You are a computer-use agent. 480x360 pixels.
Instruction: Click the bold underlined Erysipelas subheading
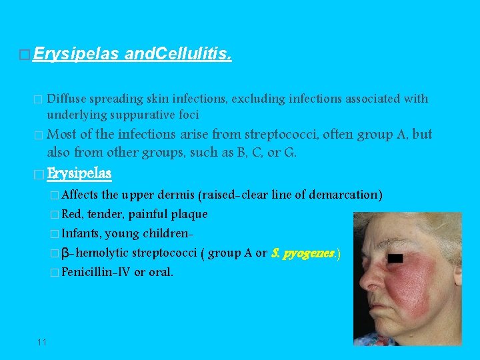(x=79, y=173)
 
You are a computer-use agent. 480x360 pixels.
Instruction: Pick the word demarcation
(x=347, y=195)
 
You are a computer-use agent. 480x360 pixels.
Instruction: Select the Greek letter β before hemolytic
(x=65, y=253)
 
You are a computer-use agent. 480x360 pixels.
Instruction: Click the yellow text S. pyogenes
(x=306, y=253)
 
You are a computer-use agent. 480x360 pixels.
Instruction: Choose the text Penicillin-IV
(x=96, y=272)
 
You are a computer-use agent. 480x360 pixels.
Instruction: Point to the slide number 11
(x=42, y=342)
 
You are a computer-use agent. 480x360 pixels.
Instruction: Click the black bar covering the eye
(x=396, y=257)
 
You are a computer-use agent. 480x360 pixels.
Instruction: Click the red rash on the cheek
(x=423, y=283)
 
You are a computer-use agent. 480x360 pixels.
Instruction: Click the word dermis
(x=176, y=195)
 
